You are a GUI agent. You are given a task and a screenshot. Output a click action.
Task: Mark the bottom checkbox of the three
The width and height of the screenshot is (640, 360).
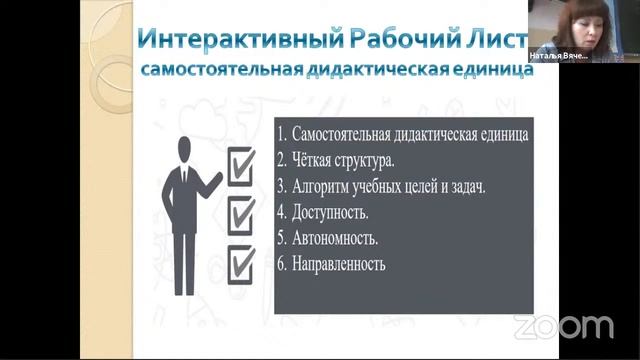click(241, 263)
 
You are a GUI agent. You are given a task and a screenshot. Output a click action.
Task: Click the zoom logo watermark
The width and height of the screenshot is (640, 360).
click(563, 326)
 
